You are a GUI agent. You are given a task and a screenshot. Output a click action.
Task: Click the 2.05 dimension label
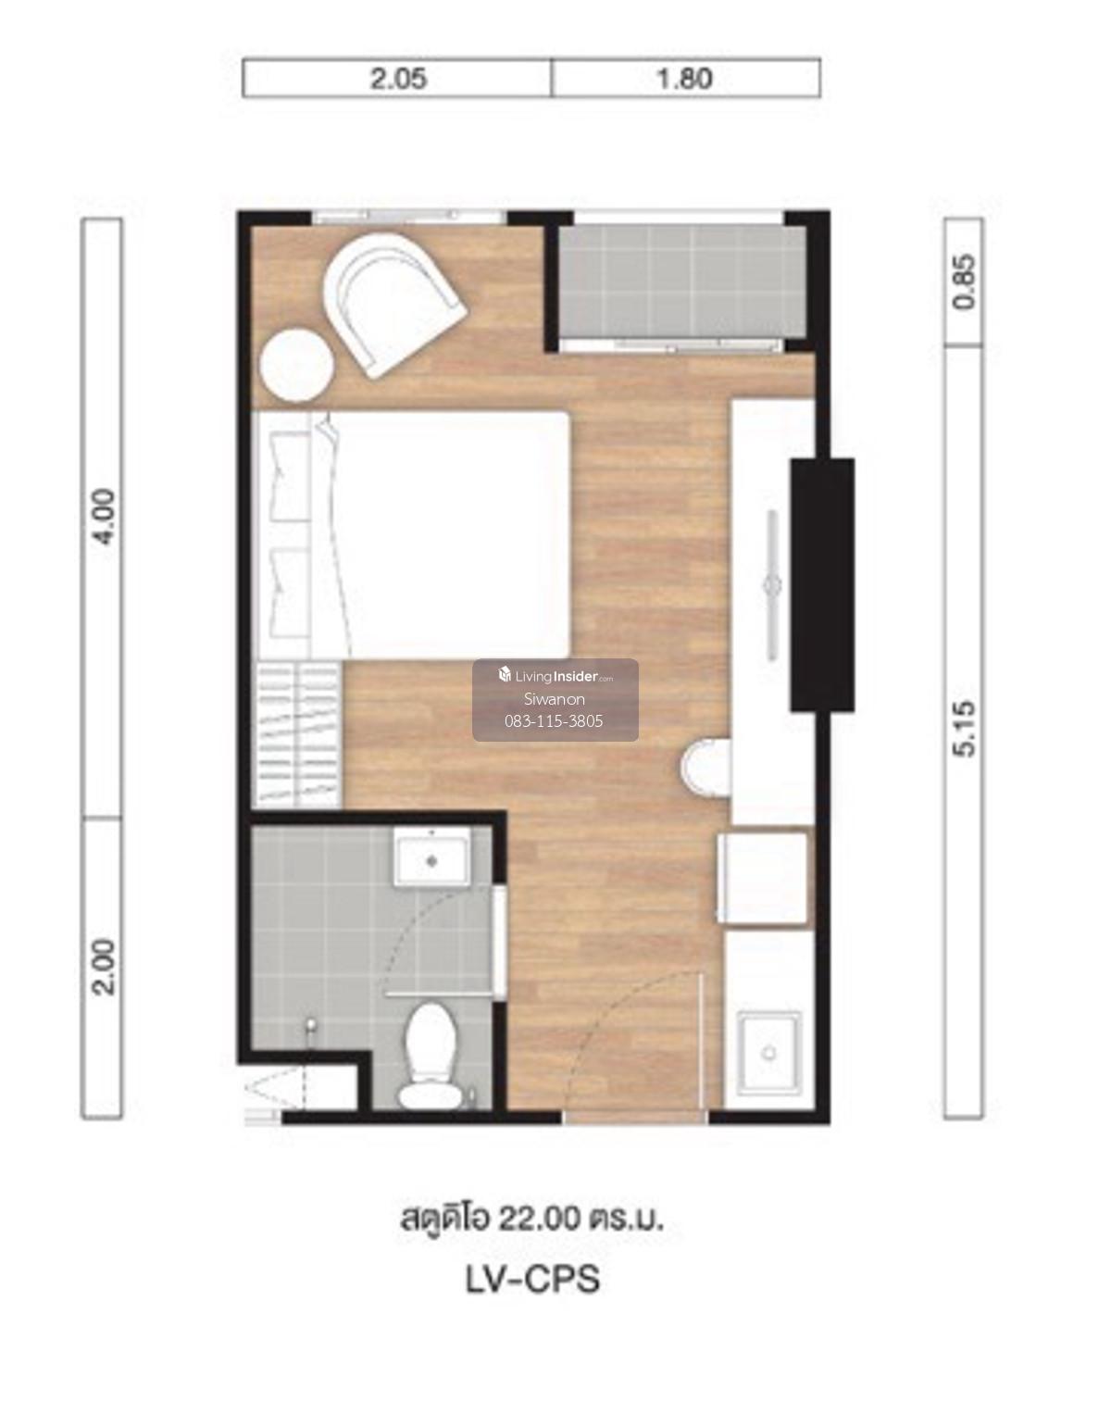(398, 79)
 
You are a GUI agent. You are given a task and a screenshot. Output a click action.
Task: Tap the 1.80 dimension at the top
(685, 79)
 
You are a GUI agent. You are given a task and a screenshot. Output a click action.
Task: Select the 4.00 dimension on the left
(104, 517)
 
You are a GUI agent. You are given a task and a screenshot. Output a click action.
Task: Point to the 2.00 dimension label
(104, 967)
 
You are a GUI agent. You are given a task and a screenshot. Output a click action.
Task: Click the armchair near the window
(394, 305)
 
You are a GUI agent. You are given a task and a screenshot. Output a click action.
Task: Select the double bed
(412, 534)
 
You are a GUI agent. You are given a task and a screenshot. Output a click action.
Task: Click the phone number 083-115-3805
(554, 721)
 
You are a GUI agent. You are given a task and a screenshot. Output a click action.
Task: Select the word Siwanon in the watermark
(554, 699)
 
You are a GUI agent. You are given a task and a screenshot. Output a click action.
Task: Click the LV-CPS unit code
(532, 1280)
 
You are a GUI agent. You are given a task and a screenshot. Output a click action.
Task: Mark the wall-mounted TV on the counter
(772, 585)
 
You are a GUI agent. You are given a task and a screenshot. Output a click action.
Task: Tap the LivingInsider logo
(555, 676)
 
